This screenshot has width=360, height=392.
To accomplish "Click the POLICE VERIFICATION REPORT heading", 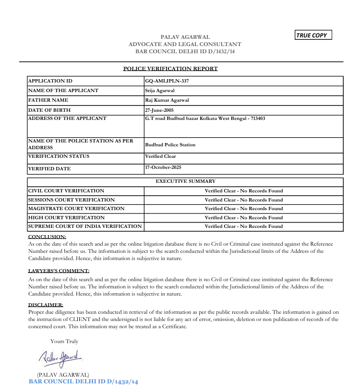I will point(170,69).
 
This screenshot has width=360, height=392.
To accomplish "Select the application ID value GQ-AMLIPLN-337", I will point(167,81).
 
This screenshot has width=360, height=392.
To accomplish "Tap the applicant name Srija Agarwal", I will point(160,91).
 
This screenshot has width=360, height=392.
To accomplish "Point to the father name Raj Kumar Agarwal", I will point(167,100).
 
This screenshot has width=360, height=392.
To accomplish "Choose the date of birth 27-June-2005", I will point(162,110).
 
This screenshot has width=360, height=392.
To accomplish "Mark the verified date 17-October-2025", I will point(163,167).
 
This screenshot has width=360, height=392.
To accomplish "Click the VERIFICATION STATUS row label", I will point(59,156).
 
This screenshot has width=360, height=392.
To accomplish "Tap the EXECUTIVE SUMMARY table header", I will point(186,181).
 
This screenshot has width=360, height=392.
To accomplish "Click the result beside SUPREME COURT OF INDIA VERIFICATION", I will point(244,226).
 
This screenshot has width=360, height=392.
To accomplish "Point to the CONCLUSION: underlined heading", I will point(47,237).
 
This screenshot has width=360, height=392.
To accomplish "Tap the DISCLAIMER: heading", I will point(46,305).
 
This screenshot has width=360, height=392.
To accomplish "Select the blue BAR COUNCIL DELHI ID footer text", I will point(84,381).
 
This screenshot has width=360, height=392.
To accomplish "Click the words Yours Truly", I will point(64,342).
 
